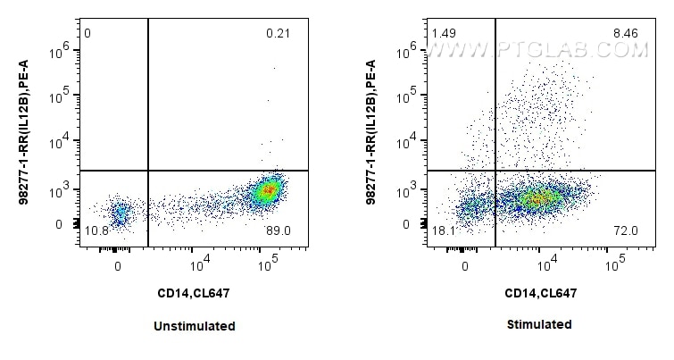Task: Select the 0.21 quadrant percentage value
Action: coord(279,34)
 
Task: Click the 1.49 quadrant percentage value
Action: coord(444,34)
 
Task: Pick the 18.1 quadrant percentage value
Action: coord(444,231)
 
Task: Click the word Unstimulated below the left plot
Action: coord(194,326)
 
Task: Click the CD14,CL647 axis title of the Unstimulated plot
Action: coord(194,292)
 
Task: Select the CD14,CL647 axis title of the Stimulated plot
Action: coord(541,292)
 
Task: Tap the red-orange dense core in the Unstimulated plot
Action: coord(266,189)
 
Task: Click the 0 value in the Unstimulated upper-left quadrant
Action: coord(87,34)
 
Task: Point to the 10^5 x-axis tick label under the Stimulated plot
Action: coord(614,266)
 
